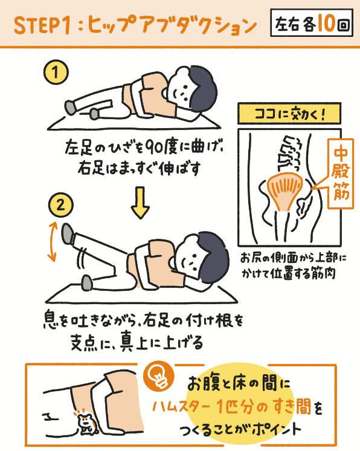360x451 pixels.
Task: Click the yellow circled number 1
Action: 56,73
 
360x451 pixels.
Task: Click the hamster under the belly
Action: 86,424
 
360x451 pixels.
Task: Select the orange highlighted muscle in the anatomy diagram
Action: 282,190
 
